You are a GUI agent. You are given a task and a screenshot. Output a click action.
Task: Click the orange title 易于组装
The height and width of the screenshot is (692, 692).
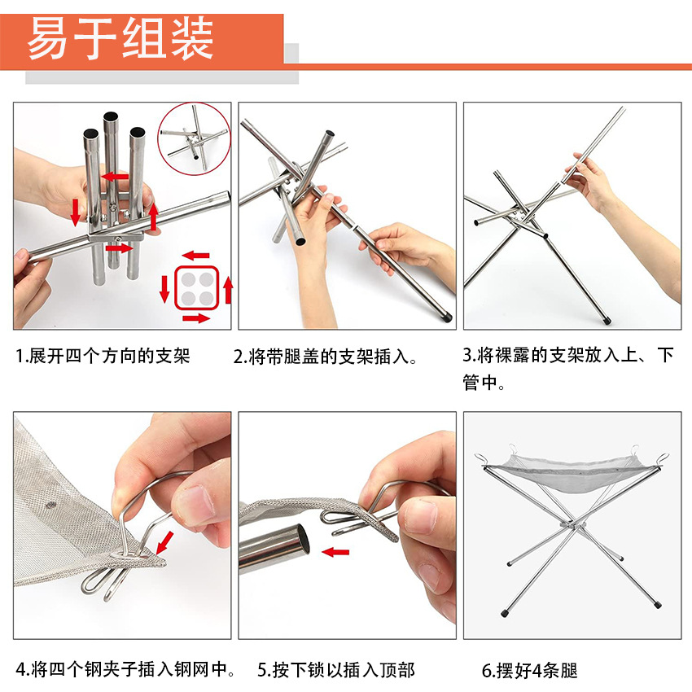click(x=120, y=38)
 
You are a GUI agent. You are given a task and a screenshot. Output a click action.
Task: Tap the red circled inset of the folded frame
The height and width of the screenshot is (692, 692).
click(x=195, y=138)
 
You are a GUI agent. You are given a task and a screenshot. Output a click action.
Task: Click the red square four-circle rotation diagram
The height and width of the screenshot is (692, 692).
click(x=196, y=287)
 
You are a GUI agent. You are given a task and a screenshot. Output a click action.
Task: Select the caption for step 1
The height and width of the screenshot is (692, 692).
click(x=103, y=356)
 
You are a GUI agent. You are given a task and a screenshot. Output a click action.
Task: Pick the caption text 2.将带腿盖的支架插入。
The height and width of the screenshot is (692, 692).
click(x=326, y=357)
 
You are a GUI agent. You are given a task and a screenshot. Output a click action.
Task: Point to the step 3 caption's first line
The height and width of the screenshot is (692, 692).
click(x=568, y=355)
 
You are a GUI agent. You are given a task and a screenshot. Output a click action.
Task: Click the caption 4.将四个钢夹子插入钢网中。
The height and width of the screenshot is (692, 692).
click(x=125, y=669)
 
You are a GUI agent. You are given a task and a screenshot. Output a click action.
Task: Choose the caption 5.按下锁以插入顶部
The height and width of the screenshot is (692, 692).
click(x=336, y=670)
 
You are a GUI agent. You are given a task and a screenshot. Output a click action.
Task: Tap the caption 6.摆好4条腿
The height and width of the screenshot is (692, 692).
click(x=530, y=670)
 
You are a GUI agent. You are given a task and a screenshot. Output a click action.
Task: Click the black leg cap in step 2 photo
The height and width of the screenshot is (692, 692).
click(x=445, y=316)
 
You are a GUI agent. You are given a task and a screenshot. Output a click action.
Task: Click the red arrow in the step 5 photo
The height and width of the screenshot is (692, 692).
click(x=335, y=552)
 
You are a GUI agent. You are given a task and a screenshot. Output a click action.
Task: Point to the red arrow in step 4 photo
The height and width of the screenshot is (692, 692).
click(x=164, y=542)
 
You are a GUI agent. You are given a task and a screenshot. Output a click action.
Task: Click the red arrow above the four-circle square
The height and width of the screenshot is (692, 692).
click(x=195, y=255)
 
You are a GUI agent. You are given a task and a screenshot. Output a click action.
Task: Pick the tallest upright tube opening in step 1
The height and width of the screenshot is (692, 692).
click(x=111, y=117)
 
